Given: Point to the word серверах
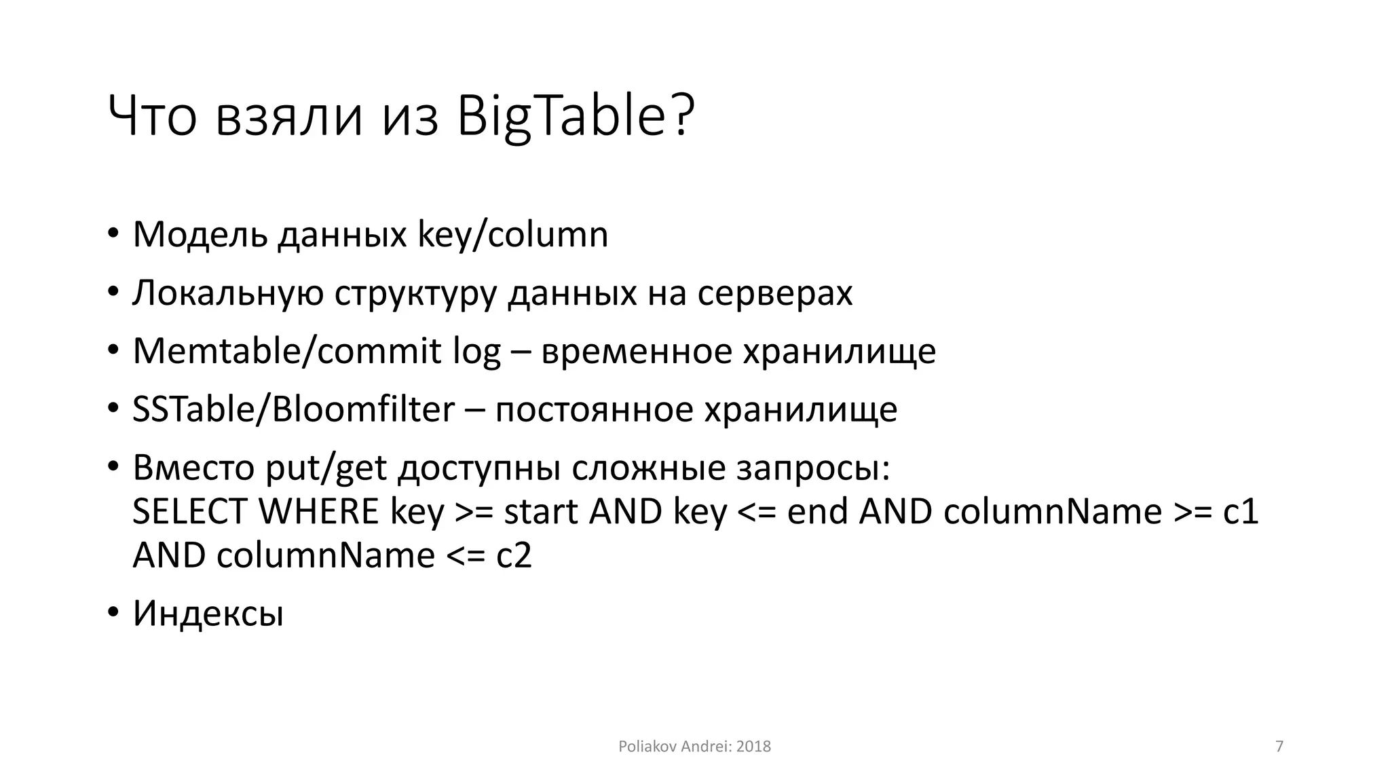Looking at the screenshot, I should pos(774,293).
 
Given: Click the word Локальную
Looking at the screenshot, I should pos(227,293).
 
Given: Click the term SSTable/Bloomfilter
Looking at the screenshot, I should pos(293,410).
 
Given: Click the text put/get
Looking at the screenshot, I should pos(326,468).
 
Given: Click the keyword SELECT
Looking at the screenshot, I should pos(189,512).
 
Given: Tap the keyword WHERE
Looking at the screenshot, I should pos(318,512).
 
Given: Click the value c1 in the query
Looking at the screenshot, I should pos(1241,512).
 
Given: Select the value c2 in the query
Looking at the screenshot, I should pos(514,556).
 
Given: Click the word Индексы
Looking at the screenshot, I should pos(208,614).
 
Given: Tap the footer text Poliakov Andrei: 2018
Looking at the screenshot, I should pos(694,747).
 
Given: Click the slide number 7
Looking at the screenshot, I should pos(1279,747).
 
